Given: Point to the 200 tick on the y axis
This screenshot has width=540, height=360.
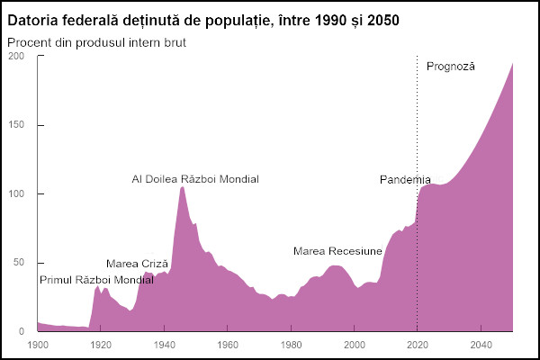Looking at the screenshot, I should (x=17, y=56).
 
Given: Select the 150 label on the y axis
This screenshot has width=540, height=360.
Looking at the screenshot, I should (x=17, y=125).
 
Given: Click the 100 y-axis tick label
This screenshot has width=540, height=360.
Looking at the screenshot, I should (x=17, y=193).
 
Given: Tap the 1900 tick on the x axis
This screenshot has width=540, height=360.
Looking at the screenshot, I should (x=38, y=345).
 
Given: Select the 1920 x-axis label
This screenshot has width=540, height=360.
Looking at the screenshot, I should (x=101, y=345).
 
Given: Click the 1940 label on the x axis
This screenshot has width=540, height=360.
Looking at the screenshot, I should (x=164, y=345).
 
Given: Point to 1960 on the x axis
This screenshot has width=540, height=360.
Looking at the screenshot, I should (x=228, y=345).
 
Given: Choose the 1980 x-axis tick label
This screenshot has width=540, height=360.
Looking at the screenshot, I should (x=291, y=345).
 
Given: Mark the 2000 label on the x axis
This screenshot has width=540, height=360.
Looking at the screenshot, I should (x=355, y=345).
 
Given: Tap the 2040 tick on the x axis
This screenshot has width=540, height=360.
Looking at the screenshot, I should (x=481, y=345).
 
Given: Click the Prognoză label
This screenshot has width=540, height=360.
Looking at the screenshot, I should (x=450, y=67).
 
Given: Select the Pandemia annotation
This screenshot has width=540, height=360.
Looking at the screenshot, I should (x=405, y=179).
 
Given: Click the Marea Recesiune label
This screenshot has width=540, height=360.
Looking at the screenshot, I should (x=337, y=250).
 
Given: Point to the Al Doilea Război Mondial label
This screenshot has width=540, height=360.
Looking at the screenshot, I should (x=195, y=179).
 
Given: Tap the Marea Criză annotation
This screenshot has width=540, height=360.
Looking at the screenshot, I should (x=137, y=264).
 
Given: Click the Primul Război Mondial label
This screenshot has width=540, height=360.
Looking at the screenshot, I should (x=96, y=280).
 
